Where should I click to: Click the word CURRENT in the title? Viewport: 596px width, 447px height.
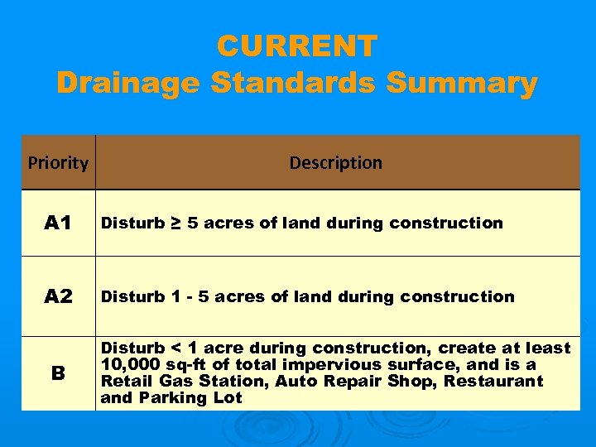(297, 46)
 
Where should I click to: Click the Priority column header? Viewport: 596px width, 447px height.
(58, 163)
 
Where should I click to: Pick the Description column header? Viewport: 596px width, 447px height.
(336, 163)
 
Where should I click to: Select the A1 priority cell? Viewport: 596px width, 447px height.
(58, 223)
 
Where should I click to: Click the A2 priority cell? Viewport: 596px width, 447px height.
(58, 296)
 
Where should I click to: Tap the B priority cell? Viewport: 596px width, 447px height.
(58, 373)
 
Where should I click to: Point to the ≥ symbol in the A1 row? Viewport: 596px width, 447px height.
(177, 223)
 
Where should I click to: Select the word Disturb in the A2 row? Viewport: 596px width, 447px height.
(131, 296)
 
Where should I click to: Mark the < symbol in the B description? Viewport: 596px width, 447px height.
(176, 348)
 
